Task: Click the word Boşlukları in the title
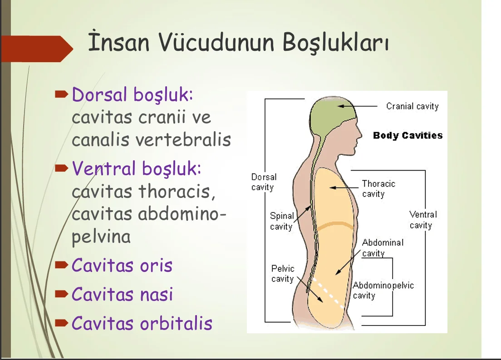(x=335, y=42)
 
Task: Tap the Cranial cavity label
(x=412, y=106)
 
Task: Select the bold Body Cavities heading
(x=408, y=135)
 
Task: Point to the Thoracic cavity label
(x=378, y=189)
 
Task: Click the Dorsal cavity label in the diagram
(x=264, y=182)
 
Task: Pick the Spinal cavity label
(x=281, y=221)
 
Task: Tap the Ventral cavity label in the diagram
(x=423, y=220)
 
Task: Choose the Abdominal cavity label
(x=383, y=248)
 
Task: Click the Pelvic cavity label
(x=282, y=273)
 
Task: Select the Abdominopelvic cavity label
(x=383, y=290)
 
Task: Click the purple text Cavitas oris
(x=122, y=266)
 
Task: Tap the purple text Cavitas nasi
(x=122, y=294)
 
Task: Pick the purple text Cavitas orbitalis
(x=142, y=323)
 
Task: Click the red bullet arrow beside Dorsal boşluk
(x=61, y=94)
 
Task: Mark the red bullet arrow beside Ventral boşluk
(x=61, y=168)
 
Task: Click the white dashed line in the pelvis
(x=328, y=293)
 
